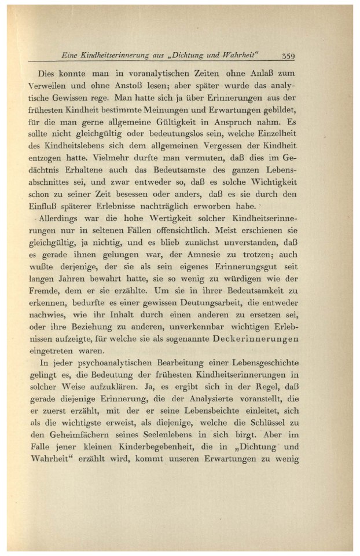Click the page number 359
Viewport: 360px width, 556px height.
pyautogui.click(x=286, y=56)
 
